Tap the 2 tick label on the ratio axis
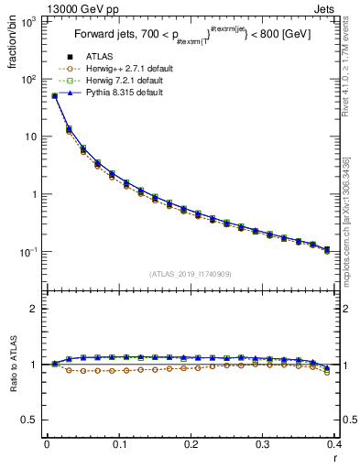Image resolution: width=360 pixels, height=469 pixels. pos(34,309)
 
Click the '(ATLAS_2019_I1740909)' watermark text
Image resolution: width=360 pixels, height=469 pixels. pos(190,273)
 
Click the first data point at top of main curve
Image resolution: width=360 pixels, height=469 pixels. pos(54,95)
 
